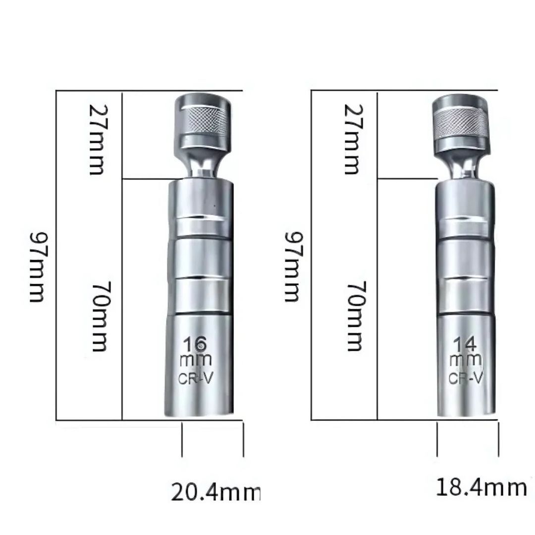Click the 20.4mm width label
[215, 492]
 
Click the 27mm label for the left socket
[98, 139]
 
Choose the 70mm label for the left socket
[101, 316]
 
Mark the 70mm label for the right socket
[357, 316]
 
